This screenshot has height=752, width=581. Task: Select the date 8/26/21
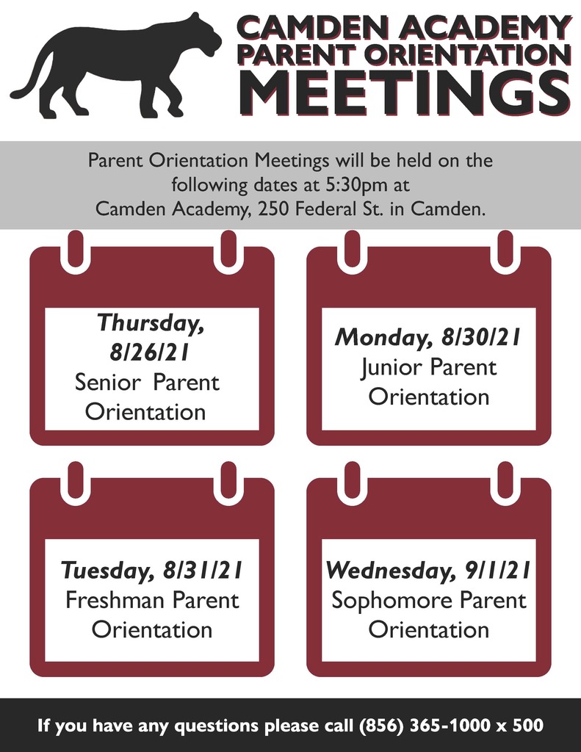[x=148, y=353]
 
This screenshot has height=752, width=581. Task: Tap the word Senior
[x=108, y=383]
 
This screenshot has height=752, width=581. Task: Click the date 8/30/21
[x=480, y=337]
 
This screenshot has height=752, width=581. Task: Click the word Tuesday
[x=108, y=571]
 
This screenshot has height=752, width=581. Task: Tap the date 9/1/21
[x=497, y=570]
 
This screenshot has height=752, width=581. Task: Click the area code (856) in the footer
[x=381, y=726]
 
